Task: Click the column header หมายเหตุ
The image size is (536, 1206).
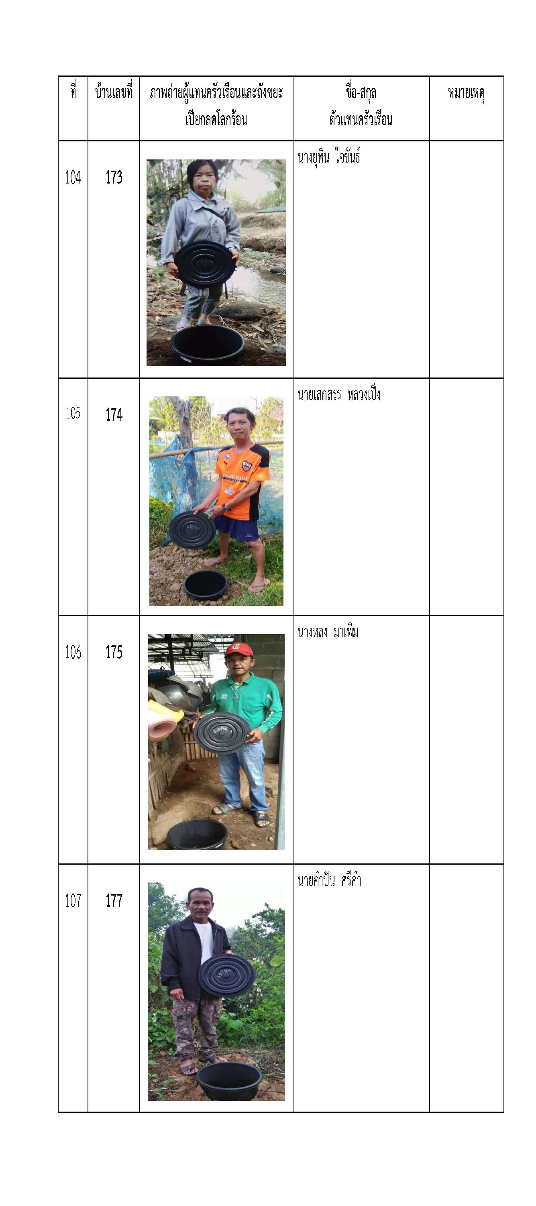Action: (x=466, y=93)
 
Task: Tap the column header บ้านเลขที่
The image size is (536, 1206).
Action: (x=114, y=92)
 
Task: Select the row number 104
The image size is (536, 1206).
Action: (x=73, y=178)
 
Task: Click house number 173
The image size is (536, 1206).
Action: (x=114, y=178)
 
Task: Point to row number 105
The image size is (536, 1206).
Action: (x=73, y=413)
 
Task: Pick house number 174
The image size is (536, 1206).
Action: (x=114, y=414)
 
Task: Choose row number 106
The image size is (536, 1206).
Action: (x=73, y=652)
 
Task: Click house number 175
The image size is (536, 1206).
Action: (x=114, y=652)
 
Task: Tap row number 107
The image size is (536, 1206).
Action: (x=73, y=900)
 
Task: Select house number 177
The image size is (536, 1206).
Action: (x=114, y=900)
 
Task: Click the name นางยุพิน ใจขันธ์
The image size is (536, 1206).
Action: (x=328, y=157)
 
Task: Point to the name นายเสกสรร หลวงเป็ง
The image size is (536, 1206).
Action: (x=339, y=394)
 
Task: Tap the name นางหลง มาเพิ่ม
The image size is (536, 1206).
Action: (x=328, y=632)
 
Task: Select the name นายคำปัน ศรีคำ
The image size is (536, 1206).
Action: (x=329, y=880)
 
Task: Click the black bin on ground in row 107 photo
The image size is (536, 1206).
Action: (x=228, y=1081)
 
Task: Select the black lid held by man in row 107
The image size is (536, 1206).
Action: (x=226, y=975)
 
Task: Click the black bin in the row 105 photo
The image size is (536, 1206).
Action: (x=206, y=585)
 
